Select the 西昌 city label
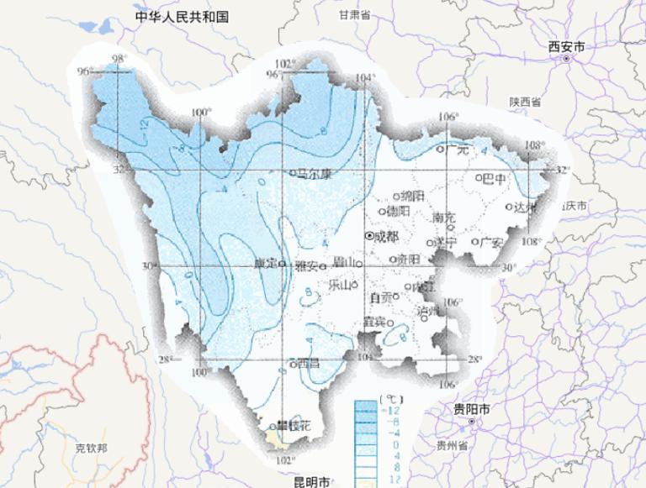[308, 364]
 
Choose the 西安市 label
[565, 47]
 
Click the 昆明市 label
[314, 482]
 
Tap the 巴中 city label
[494, 178]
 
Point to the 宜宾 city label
[374, 321]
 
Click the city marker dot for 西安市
[566, 60]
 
